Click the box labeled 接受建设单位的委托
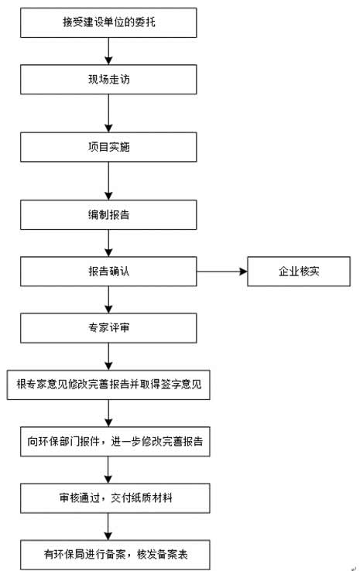point(108,22)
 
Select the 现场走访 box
point(108,80)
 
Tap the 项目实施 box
point(108,147)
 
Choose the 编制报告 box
point(108,214)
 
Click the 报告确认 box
point(108,272)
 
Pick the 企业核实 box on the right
point(299,272)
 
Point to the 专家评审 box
point(108,328)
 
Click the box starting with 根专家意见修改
point(108,385)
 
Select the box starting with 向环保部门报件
point(115,441)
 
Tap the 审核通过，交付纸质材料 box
point(115,498)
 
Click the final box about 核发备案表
point(115,555)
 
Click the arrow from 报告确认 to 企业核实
point(222,272)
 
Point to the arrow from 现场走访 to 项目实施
point(108,113)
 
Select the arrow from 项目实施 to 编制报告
point(108,181)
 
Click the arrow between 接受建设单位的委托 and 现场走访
point(108,51)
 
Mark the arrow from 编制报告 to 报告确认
point(108,243)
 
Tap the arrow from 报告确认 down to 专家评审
point(108,299)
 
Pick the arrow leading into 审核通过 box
point(108,470)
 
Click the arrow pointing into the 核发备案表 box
point(108,527)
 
